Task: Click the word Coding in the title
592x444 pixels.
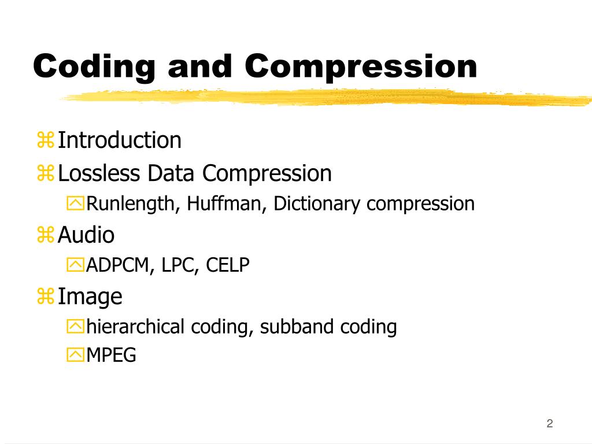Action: (x=95, y=67)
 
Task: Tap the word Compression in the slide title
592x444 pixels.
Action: (x=361, y=67)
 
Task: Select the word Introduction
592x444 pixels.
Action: (x=120, y=140)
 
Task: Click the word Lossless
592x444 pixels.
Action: (x=99, y=173)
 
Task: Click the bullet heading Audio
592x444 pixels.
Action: (x=86, y=235)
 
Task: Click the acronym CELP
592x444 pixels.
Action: (x=228, y=266)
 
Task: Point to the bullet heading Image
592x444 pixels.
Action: (x=90, y=297)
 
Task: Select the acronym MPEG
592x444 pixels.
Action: (x=111, y=355)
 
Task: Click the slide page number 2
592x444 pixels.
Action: (x=550, y=424)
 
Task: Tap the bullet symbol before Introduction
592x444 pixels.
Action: (x=46, y=140)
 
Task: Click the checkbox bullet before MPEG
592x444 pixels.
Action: (x=75, y=355)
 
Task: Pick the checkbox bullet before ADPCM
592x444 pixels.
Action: (x=75, y=266)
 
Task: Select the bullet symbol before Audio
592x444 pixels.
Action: (x=46, y=235)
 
